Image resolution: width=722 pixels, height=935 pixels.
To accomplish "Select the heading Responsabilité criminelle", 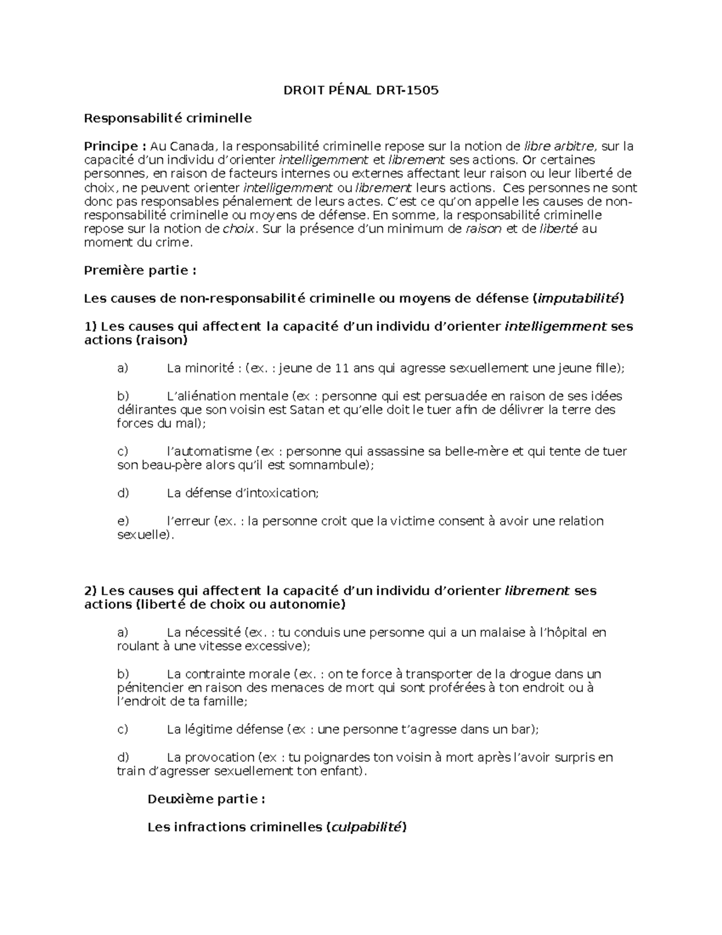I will pyautogui.click(x=167, y=118).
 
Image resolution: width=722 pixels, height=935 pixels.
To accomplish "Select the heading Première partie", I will pyautogui.click(x=140, y=270).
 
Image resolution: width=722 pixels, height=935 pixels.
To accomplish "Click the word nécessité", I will pyautogui.click(x=212, y=633).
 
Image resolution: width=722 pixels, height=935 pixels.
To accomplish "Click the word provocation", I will pyautogui.click(x=220, y=757).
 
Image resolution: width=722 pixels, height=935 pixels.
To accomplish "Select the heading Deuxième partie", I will pyautogui.click(x=206, y=799).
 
